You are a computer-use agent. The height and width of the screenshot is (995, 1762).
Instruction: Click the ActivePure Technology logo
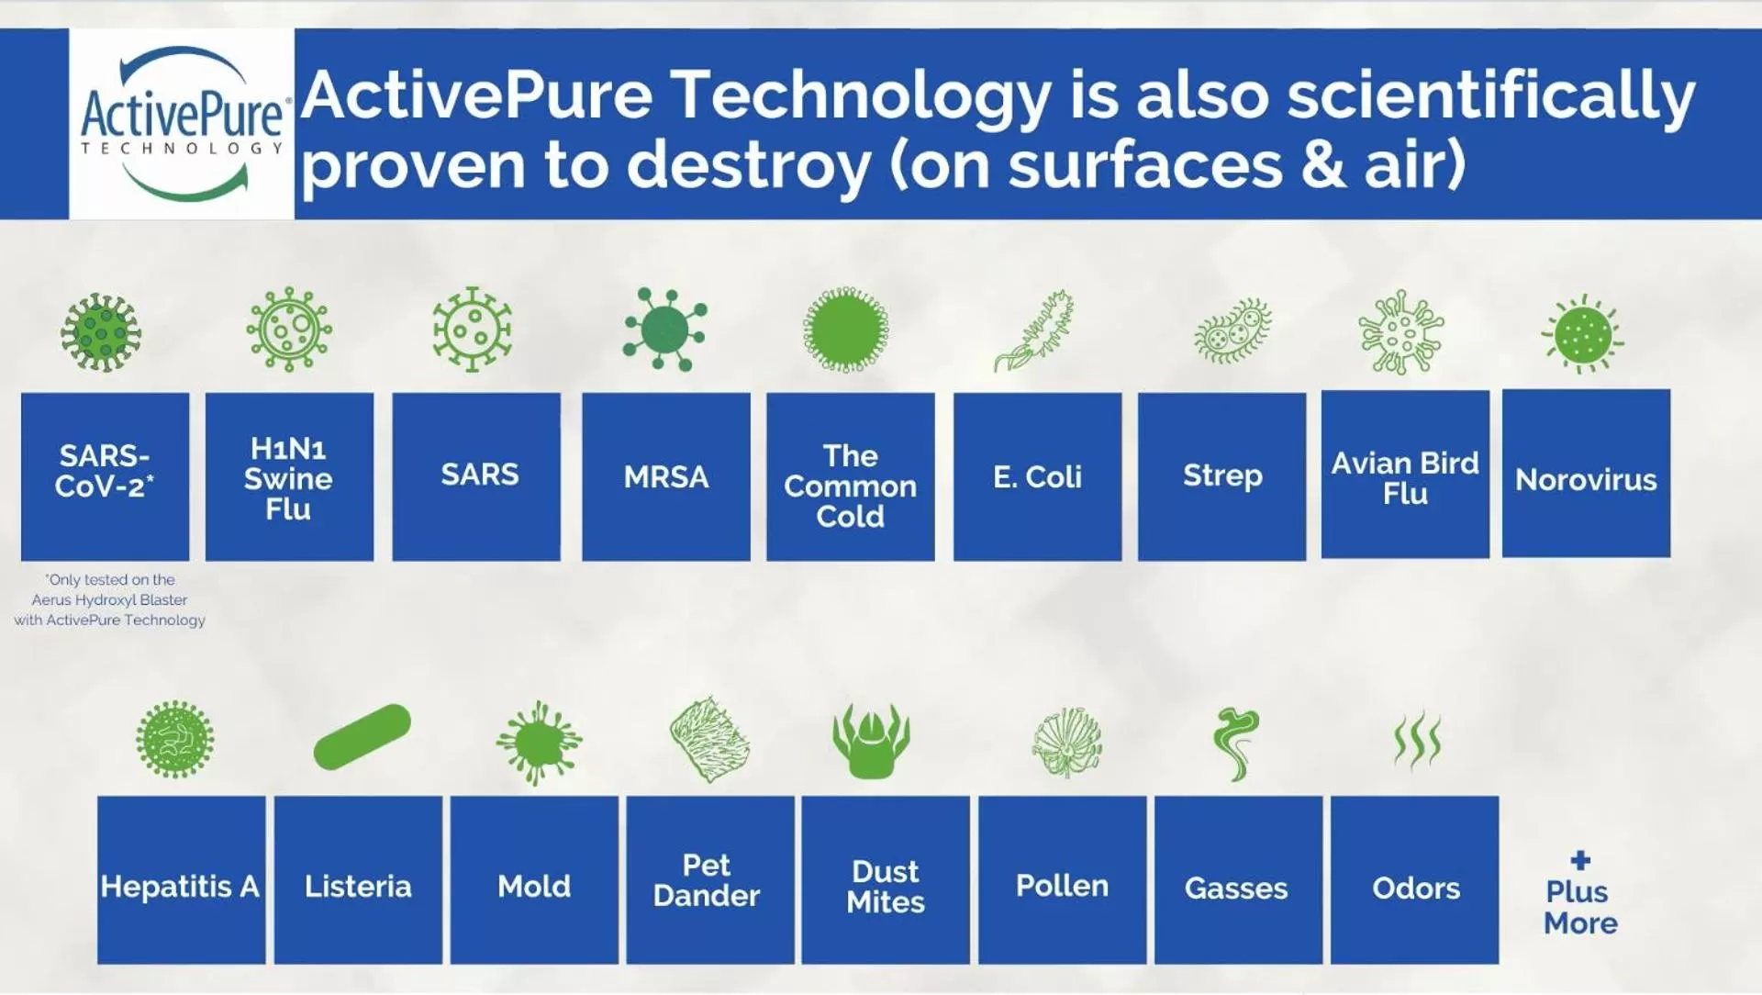click(182, 124)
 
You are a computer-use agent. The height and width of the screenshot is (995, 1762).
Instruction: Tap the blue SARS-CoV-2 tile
click(105, 476)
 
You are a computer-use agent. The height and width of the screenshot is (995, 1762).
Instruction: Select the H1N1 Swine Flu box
click(289, 476)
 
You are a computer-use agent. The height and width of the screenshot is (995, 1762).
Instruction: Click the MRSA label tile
click(666, 476)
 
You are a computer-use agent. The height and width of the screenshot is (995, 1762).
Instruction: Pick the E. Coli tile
click(1037, 476)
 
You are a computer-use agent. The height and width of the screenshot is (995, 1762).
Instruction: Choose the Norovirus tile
click(1586, 473)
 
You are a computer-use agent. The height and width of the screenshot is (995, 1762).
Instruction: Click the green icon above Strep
click(1232, 330)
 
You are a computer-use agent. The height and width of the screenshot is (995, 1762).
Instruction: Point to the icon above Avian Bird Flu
click(1401, 331)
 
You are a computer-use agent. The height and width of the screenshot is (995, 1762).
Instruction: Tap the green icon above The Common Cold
click(846, 330)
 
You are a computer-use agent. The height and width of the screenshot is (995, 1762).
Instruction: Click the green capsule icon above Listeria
click(362, 736)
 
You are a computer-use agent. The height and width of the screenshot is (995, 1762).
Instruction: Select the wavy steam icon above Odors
click(1417, 740)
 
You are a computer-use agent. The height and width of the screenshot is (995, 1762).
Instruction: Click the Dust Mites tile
click(886, 879)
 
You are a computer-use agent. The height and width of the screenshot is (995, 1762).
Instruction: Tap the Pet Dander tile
click(710, 879)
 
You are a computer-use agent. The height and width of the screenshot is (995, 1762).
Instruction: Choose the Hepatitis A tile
click(181, 879)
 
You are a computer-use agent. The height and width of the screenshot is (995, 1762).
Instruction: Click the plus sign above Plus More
click(1580, 860)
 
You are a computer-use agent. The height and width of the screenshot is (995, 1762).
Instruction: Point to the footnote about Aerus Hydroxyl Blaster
click(109, 599)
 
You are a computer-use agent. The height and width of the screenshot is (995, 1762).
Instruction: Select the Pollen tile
click(1062, 879)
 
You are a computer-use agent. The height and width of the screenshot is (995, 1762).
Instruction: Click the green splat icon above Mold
click(538, 742)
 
